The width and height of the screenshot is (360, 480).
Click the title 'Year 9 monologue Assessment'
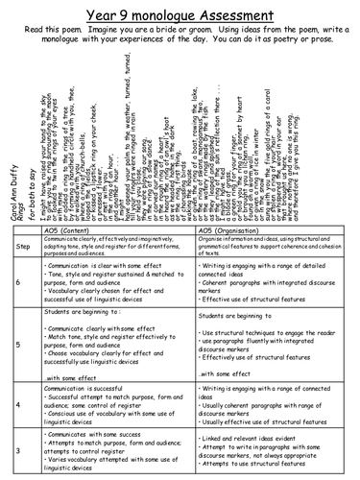click(x=180, y=11)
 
